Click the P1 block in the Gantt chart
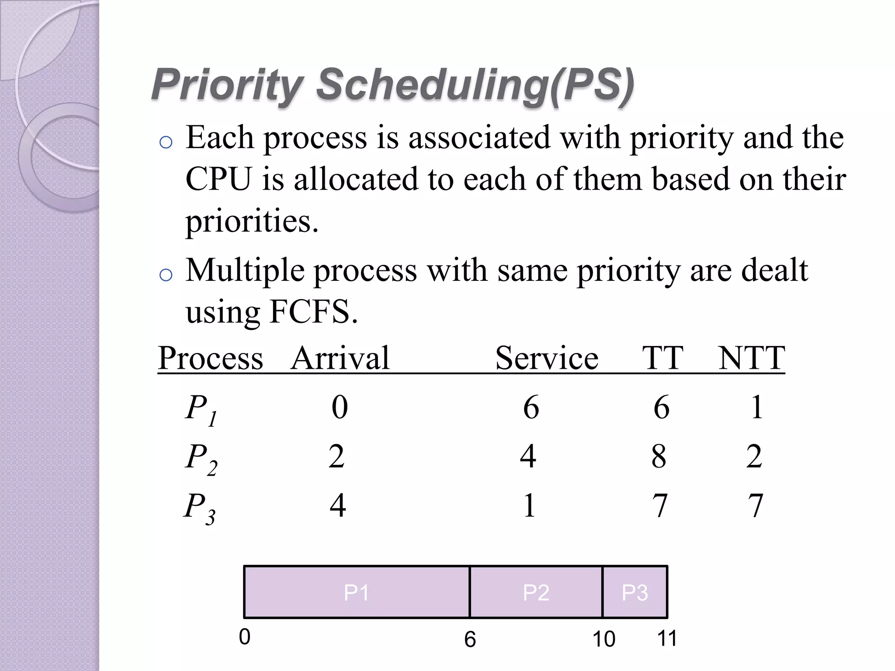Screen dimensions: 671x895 (x=356, y=592)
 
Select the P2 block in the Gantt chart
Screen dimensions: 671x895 (x=536, y=592)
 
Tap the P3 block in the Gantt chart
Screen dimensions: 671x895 (x=635, y=592)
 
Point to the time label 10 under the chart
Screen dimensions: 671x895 (x=604, y=639)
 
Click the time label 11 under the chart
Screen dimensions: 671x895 (x=667, y=638)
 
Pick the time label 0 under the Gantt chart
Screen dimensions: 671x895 (x=245, y=637)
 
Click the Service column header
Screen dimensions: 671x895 (x=547, y=358)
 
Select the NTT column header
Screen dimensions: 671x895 (x=752, y=358)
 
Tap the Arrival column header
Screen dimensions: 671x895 (x=340, y=358)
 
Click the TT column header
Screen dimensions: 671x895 (x=663, y=358)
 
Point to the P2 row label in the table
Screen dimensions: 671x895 (x=201, y=458)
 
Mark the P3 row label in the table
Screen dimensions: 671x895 (x=199, y=508)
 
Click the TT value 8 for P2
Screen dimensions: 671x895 (x=659, y=457)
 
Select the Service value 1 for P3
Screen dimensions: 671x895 (x=529, y=506)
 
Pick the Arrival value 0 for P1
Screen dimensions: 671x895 (x=340, y=407)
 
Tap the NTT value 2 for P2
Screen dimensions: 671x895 (x=754, y=457)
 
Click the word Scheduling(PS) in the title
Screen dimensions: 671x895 (x=475, y=85)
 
